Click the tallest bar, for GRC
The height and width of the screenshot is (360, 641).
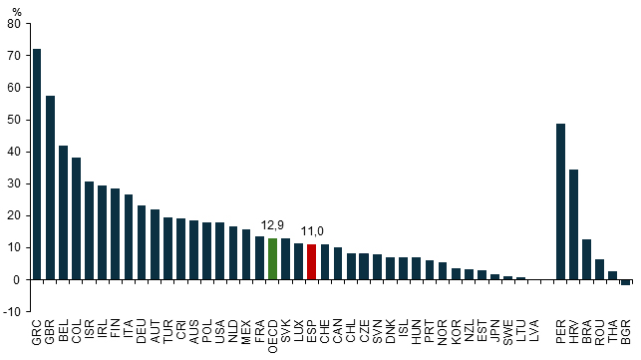tap(37, 165)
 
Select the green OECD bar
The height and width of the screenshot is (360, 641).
tap(273, 259)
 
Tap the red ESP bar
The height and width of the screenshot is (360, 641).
tap(311, 262)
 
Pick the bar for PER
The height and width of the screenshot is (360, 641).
tap(560, 201)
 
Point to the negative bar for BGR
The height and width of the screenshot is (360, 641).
tap(625, 282)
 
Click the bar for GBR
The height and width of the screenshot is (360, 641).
tap(50, 187)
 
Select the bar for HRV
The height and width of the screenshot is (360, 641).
tap(573, 224)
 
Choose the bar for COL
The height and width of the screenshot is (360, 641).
tap(77, 218)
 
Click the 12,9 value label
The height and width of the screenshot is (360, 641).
tap(272, 225)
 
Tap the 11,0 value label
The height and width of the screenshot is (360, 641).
tap(312, 231)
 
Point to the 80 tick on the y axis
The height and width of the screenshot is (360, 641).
tap(14, 24)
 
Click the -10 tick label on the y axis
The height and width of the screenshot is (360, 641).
tap(11, 312)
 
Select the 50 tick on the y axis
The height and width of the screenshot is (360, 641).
tap(14, 120)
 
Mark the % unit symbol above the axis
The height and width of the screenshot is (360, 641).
tap(16, 12)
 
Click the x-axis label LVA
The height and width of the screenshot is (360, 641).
tap(534, 331)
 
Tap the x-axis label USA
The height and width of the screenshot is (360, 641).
tap(220, 332)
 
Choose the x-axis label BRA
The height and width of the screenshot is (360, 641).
tap(586, 332)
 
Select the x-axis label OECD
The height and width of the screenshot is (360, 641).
tap(273, 337)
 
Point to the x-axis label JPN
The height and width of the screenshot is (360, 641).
tap(494, 331)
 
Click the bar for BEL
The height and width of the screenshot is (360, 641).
tap(64, 212)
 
